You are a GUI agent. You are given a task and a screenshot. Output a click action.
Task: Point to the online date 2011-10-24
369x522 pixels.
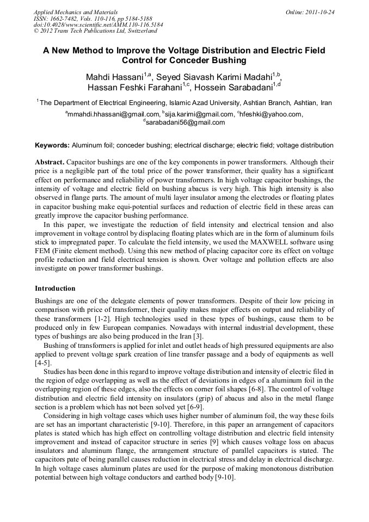[317, 11]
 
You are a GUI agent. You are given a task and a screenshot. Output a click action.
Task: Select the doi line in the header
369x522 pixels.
[98, 24]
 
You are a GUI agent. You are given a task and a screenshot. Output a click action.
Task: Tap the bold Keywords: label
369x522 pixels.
[52, 145]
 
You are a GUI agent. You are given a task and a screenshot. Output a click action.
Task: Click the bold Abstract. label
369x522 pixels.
[50, 162]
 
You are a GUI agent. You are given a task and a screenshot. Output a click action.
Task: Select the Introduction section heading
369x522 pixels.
[55, 288]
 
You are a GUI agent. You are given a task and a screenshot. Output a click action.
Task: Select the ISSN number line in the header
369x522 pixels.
[94, 18]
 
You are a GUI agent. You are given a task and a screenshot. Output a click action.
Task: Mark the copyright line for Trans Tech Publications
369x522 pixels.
[95, 31]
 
